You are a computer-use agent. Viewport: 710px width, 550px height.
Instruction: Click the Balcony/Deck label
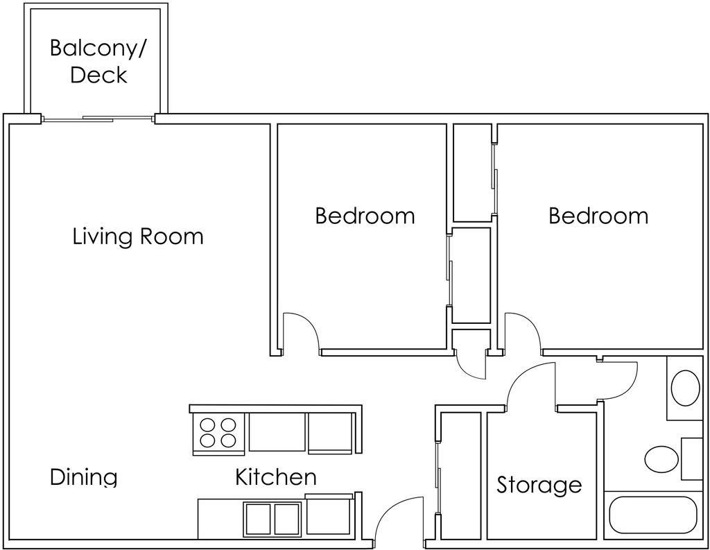coord(97,62)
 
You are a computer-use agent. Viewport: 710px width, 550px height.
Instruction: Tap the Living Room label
coord(138,237)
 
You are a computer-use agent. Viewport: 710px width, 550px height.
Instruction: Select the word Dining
coord(84,478)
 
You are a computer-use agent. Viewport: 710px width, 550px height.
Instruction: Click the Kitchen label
coord(276,477)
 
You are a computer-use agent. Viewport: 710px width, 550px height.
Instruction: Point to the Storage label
coord(539,485)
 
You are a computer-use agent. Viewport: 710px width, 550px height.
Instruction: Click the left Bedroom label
coord(365,216)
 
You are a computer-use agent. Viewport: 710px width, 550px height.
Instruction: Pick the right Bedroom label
coord(598,216)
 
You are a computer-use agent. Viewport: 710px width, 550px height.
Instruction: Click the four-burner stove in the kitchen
coord(218,433)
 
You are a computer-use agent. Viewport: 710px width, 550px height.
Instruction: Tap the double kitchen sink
coord(272,519)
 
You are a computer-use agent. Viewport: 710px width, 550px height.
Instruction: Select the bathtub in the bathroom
coord(653,515)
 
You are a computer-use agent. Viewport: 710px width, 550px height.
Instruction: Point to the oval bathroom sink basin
coord(686,388)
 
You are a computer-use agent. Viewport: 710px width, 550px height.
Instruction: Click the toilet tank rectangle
coord(692,458)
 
